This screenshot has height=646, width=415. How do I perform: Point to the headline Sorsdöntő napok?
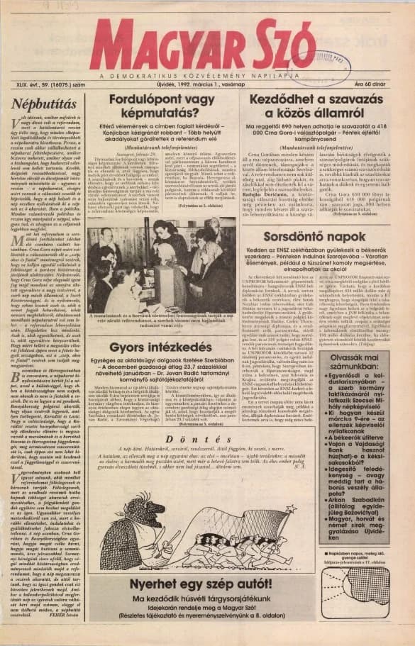tap(308, 239)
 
